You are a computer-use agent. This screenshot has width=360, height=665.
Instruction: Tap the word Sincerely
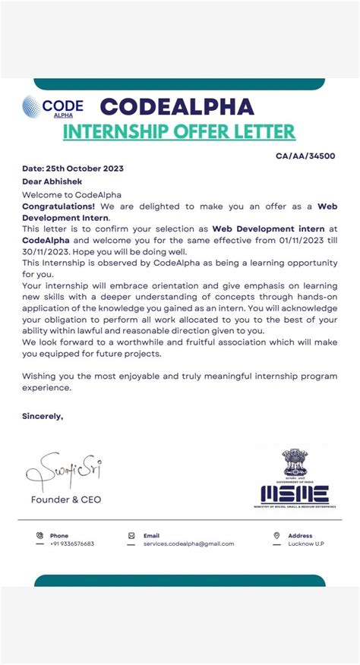click(x=43, y=416)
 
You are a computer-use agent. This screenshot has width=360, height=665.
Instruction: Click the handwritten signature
click(x=64, y=472)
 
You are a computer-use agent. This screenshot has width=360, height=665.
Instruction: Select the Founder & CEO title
click(x=65, y=500)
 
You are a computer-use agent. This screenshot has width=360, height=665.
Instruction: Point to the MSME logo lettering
click(x=295, y=494)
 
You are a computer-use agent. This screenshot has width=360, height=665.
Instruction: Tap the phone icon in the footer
click(x=39, y=535)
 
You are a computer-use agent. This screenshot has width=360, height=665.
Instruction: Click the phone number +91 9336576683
click(x=72, y=544)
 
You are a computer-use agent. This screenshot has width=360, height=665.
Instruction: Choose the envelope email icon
click(x=132, y=535)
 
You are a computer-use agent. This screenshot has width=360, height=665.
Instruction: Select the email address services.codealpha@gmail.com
click(x=188, y=544)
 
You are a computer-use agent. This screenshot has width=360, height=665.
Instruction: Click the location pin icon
click(x=276, y=535)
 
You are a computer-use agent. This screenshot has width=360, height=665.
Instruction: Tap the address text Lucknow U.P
click(x=306, y=544)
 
